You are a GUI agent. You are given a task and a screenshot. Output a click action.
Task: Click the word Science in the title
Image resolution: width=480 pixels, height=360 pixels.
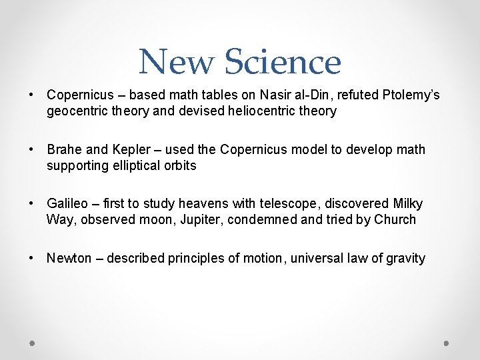click(x=283, y=62)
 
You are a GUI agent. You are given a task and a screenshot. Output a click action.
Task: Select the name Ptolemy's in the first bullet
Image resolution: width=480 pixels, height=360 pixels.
click(x=411, y=95)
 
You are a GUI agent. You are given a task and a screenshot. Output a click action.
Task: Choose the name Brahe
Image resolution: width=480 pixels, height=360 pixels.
click(x=64, y=149)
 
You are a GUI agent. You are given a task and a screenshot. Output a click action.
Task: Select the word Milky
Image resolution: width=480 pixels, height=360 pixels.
click(x=406, y=203)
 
